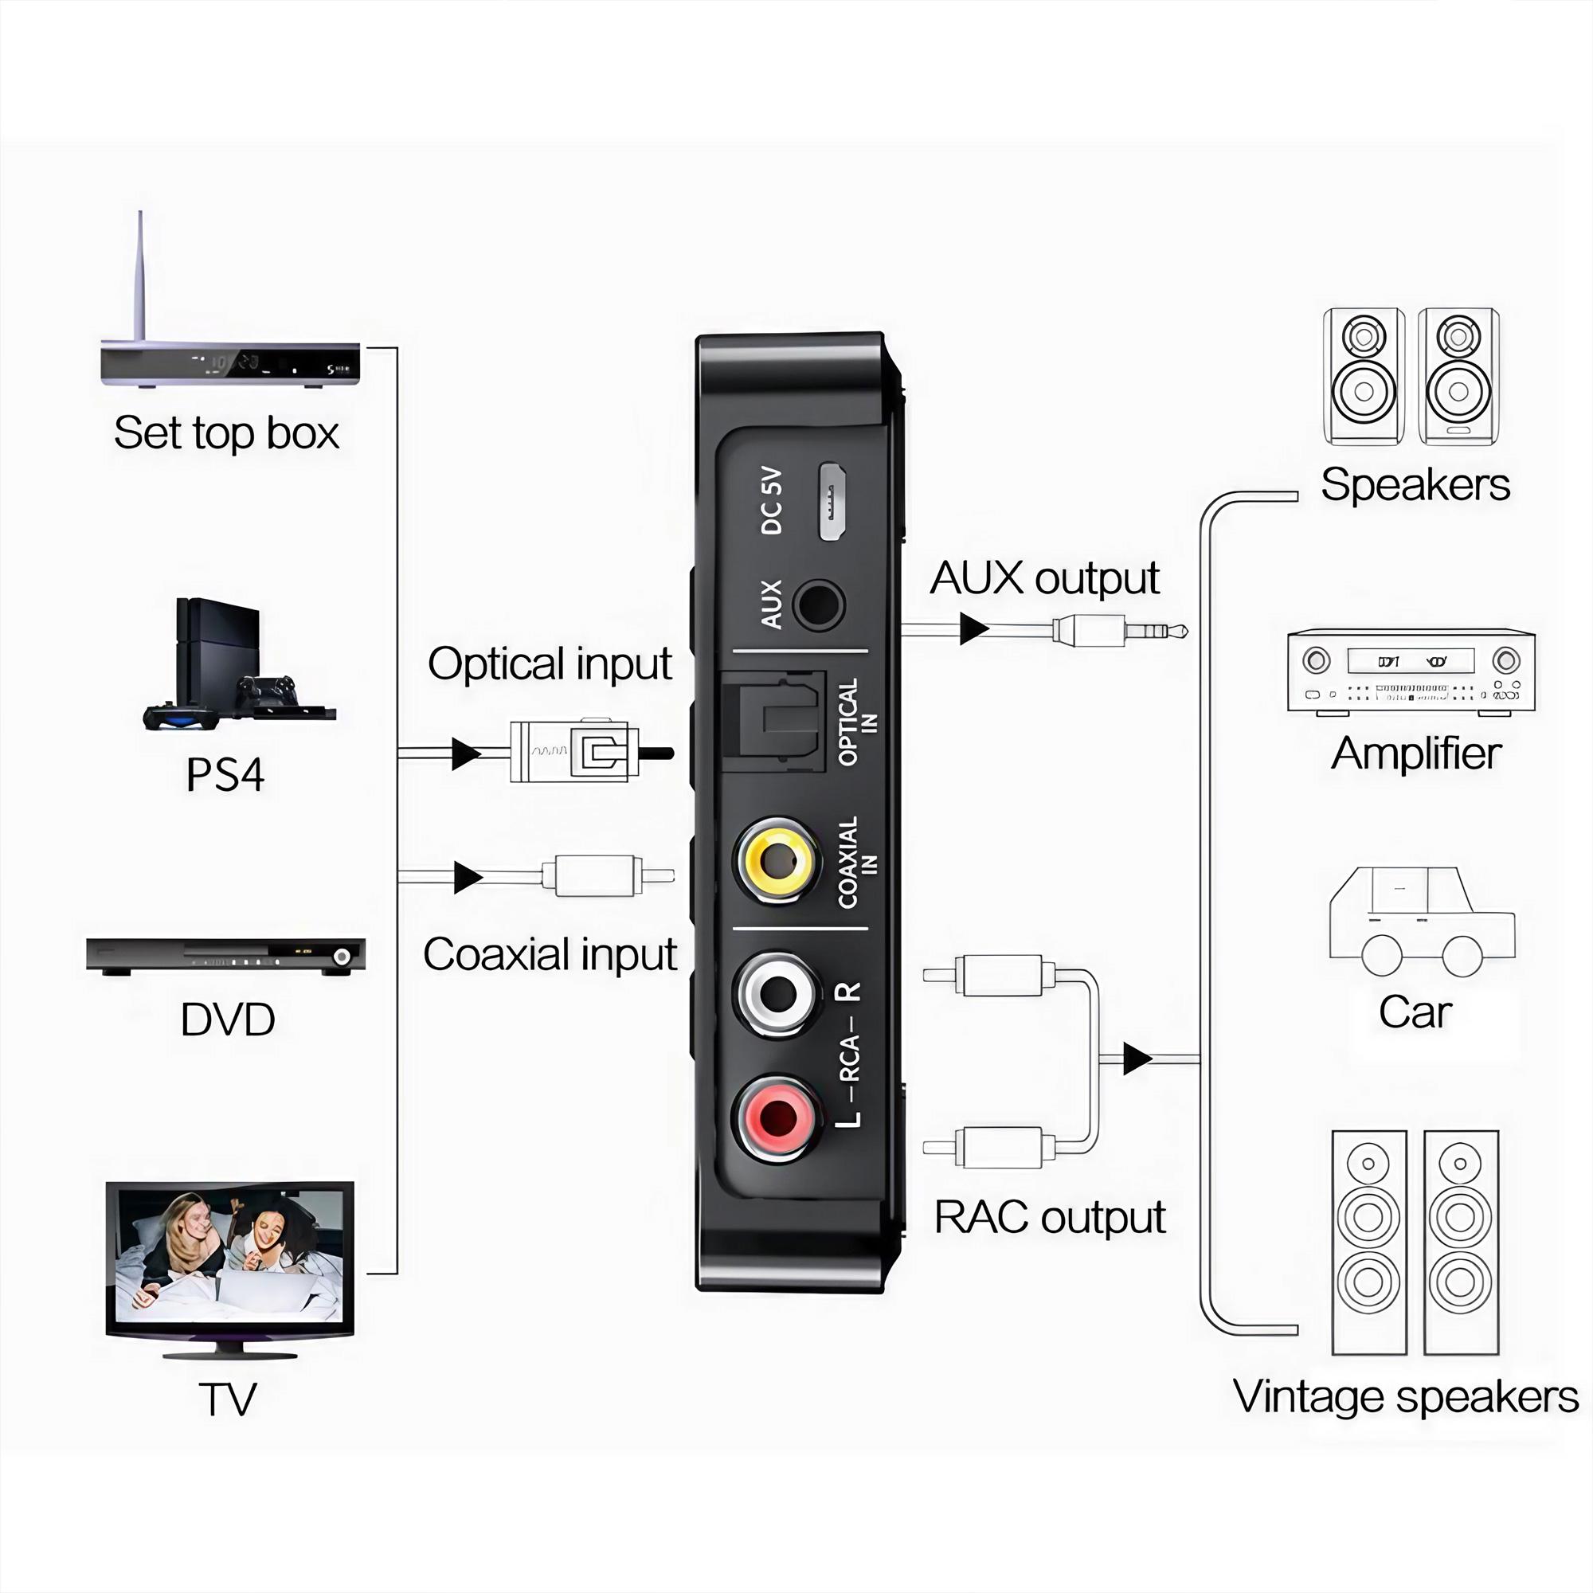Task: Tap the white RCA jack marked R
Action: click(777, 995)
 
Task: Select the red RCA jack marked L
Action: click(777, 1118)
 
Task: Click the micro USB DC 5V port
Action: click(833, 501)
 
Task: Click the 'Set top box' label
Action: click(226, 432)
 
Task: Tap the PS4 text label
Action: click(225, 774)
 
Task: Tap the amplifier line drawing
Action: click(1411, 671)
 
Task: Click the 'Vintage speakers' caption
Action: click(1406, 1397)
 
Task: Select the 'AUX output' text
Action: click(1044, 577)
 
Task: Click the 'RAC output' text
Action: click(1049, 1217)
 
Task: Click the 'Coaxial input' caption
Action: click(549, 954)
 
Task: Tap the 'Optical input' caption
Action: click(549, 663)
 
